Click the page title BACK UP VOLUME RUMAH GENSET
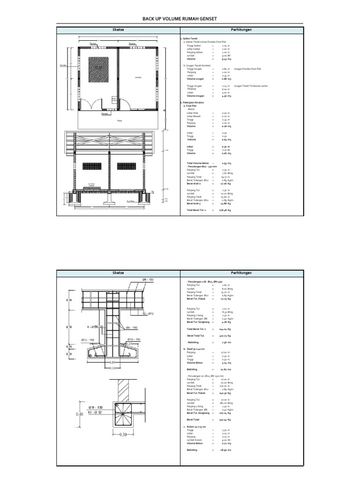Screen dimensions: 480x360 (x=180, y=18)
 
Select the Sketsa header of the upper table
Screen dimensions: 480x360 (x=117, y=30)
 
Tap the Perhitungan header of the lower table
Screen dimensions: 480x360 (x=241, y=272)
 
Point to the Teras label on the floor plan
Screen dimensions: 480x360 (x=119, y=120)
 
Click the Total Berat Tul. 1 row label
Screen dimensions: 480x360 (x=197, y=210)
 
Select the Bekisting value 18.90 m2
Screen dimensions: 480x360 (x=226, y=450)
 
